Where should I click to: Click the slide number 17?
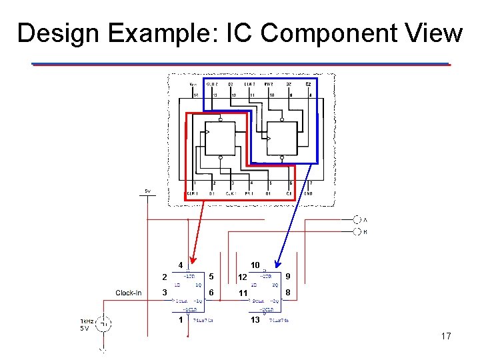[x=446, y=336]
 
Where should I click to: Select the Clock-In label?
[x=128, y=293]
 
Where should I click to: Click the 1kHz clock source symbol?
[x=103, y=325]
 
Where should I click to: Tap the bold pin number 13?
[x=255, y=320]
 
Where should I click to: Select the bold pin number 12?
[x=243, y=277]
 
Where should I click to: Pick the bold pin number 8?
[x=287, y=293]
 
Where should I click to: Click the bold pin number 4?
[x=180, y=265]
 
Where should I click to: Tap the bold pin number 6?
[x=211, y=293]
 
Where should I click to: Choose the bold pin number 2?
[x=164, y=277]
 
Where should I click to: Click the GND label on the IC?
[x=309, y=193]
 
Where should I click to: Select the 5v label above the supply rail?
[x=147, y=191]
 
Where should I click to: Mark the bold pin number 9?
[x=287, y=275]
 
